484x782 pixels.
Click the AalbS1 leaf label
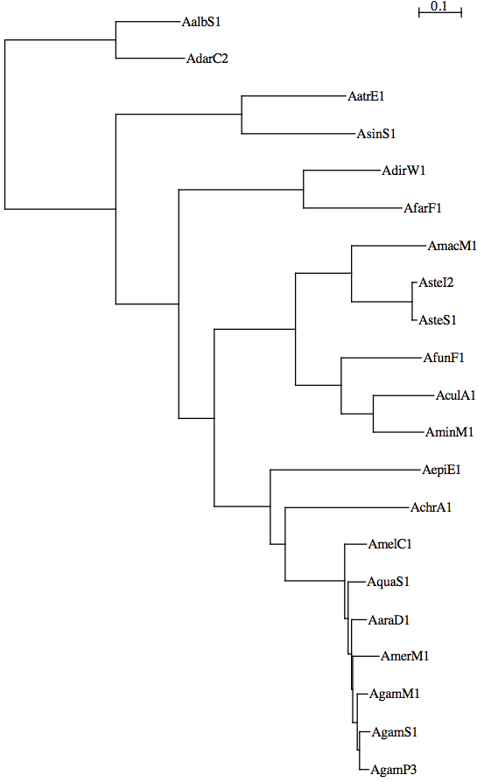tap(201, 22)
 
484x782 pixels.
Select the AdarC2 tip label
tap(207, 59)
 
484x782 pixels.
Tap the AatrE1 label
tap(366, 96)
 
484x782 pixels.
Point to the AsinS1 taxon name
tap(376, 134)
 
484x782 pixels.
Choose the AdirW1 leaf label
tap(403, 171)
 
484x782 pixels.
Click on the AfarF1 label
tap(423, 208)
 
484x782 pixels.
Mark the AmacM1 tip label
tap(452, 246)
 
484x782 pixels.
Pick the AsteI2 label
tap(436, 283)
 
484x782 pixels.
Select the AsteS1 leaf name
tap(438, 320)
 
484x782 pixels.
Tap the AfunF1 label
tap(444, 358)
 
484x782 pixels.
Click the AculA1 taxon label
tap(456, 395)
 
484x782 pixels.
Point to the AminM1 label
tap(449, 432)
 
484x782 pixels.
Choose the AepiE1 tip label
tap(442, 470)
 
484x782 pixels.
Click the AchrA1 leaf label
tap(431, 507)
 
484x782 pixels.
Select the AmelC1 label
tap(390, 544)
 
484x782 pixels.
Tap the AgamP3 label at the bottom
tap(394, 770)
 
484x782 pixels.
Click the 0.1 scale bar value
tap(439, 6)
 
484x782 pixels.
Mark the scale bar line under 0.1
tap(440, 12)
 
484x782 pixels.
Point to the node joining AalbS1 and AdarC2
tap(116, 40)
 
